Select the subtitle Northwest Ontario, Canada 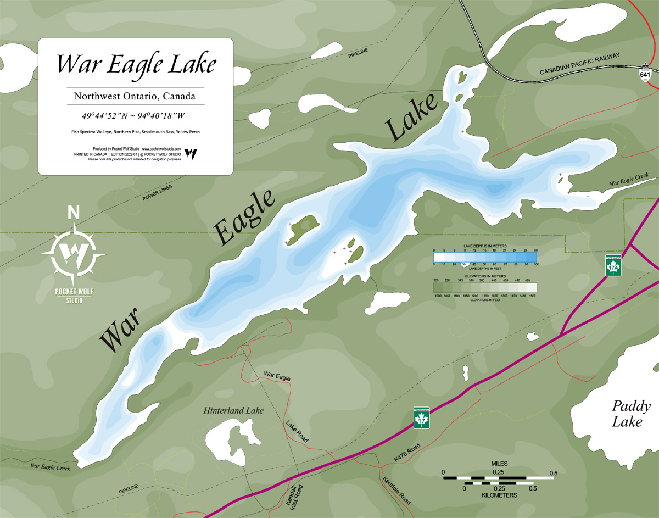pyautogui.click(x=135, y=96)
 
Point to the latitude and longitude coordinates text pyautogui.click(x=135, y=116)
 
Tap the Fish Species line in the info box pyautogui.click(x=135, y=132)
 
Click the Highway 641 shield pyautogui.click(x=645, y=74)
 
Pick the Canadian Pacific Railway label pyautogui.click(x=579, y=64)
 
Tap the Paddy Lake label pyautogui.click(x=632, y=414)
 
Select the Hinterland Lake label pyautogui.click(x=233, y=410)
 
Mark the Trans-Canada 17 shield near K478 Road pyautogui.click(x=421, y=418)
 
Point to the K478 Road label pyautogui.click(x=407, y=452)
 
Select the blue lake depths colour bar pyautogui.click(x=485, y=257)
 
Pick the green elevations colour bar pyautogui.click(x=485, y=287)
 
